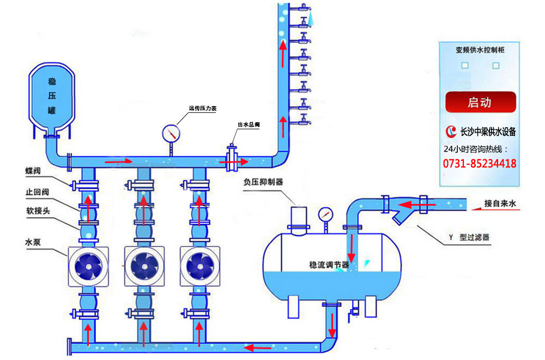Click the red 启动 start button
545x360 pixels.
480,102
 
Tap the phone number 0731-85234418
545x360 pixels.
480,164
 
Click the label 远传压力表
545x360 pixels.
203,109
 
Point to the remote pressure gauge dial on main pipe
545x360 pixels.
171,133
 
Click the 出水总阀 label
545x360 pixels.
248,125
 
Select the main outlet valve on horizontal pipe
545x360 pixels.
232,160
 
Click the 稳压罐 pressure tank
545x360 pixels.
52,96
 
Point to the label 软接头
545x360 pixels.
36,211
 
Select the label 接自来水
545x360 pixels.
504,204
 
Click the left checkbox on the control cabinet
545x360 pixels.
464,65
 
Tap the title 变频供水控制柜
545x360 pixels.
480,50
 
